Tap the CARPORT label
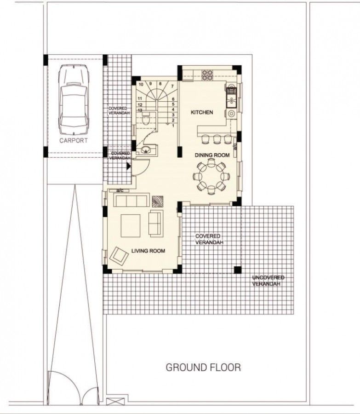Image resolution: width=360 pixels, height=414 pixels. pyautogui.click(x=74, y=141)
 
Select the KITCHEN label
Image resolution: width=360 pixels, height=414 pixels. pyautogui.click(x=202, y=112)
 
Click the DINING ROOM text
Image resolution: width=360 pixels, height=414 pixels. pyautogui.click(x=212, y=155)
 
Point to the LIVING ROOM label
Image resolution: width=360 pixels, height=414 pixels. pyautogui.click(x=148, y=251)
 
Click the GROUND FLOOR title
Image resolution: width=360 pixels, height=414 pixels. pyautogui.click(x=203, y=368)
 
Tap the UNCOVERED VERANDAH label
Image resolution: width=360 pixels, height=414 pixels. pyautogui.click(x=268, y=281)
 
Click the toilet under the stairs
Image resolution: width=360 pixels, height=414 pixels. pyautogui.click(x=145, y=121)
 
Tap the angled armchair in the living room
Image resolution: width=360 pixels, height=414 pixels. pyautogui.click(x=119, y=255)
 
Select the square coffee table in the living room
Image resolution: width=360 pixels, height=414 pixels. pyautogui.click(x=130, y=225)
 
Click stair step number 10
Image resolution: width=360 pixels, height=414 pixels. pyautogui.click(x=141, y=84)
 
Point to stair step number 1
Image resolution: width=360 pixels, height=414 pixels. pyautogui.click(x=173, y=126)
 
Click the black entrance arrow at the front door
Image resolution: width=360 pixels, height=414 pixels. pyautogui.click(x=129, y=166)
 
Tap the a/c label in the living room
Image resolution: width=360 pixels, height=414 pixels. pyautogui.click(x=120, y=190)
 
